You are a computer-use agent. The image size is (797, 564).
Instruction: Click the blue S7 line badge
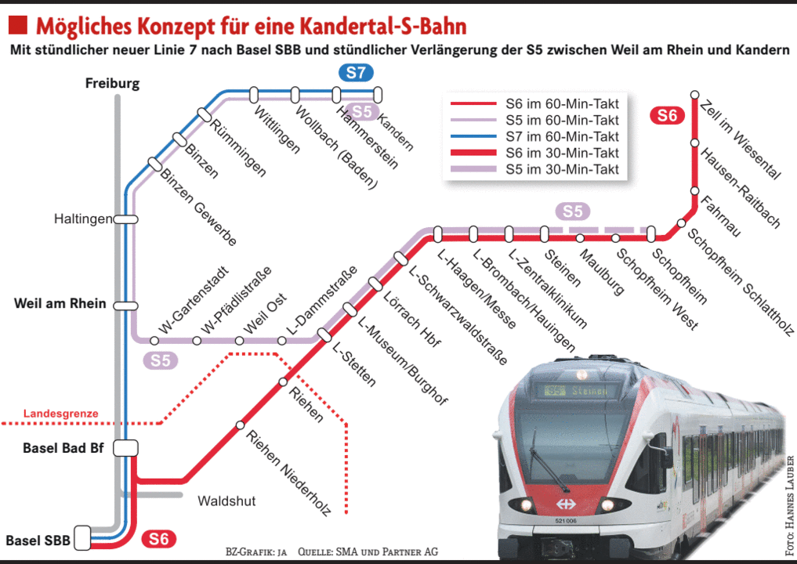(356, 74)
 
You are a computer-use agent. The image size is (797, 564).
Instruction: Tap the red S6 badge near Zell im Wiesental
(667, 116)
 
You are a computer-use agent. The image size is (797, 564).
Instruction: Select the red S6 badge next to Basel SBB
(158, 539)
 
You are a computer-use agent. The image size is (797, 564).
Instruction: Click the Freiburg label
(112, 83)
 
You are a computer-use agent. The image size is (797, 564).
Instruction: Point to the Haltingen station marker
(125, 219)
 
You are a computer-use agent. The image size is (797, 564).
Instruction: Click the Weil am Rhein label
(60, 303)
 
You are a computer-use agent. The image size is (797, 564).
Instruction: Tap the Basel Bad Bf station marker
(125, 447)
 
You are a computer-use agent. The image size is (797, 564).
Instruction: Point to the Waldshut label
(226, 501)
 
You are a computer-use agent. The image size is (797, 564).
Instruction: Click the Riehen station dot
(284, 382)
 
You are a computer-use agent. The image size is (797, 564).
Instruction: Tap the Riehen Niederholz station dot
(241, 425)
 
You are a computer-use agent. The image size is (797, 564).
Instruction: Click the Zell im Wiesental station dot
(694, 95)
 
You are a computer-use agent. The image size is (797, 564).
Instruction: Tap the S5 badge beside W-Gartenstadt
(160, 360)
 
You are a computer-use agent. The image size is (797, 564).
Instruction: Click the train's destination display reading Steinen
(578, 390)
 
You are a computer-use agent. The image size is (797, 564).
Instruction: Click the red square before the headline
(18, 26)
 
